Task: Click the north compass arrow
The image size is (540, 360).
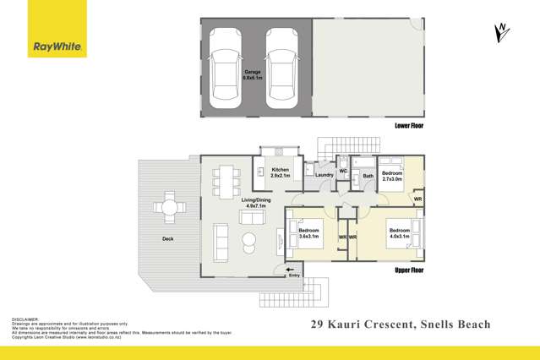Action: coord(502,32)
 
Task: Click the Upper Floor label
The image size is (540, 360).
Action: coord(409,270)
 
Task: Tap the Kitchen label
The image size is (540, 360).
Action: coord(281,172)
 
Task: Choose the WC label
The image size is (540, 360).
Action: coord(345,172)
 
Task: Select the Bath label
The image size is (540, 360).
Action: coord(368,177)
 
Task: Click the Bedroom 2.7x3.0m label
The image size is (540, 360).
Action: coord(392,176)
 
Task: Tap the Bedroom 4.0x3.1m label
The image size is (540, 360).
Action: coord(398,233)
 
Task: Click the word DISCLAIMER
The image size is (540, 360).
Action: coord(26,319)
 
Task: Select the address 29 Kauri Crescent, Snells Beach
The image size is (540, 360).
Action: coord(401,324)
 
